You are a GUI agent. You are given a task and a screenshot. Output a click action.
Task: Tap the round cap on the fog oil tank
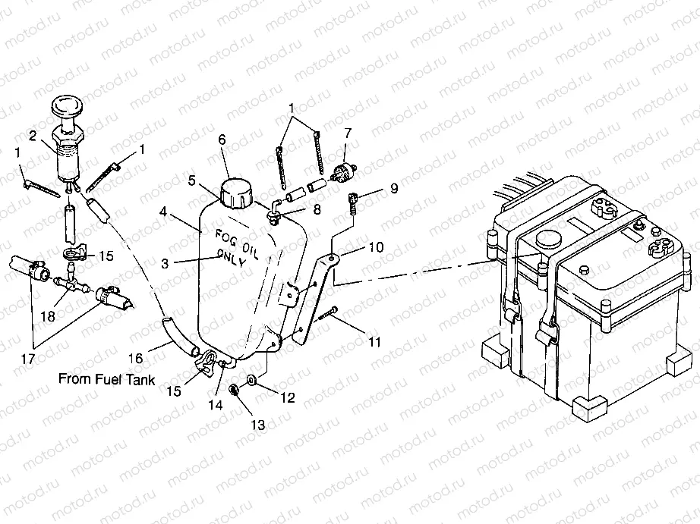pos(236,193)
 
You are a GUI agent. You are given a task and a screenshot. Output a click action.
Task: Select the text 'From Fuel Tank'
pos(107,379)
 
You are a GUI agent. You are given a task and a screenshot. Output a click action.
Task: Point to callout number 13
pos(259,425)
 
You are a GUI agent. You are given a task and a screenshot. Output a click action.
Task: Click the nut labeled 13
pos(235,390)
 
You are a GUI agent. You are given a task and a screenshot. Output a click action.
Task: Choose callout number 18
pos(49,315)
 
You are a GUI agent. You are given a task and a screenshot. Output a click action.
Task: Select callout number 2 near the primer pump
pos(33,136)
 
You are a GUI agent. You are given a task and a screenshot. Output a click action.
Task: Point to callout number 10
pos(377,247)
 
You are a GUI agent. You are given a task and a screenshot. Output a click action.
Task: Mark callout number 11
pos(374,342)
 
